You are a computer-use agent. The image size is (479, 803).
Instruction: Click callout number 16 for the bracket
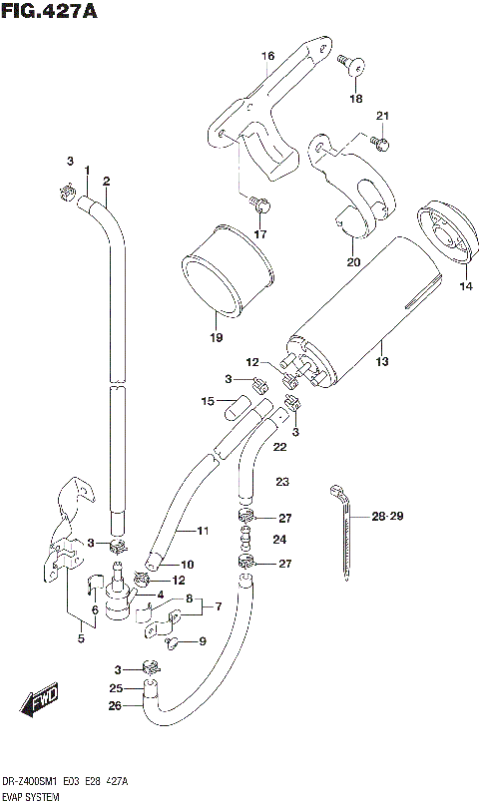267,56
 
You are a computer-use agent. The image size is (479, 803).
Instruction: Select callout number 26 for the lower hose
117,707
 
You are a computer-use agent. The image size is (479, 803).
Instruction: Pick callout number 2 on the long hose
106,181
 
